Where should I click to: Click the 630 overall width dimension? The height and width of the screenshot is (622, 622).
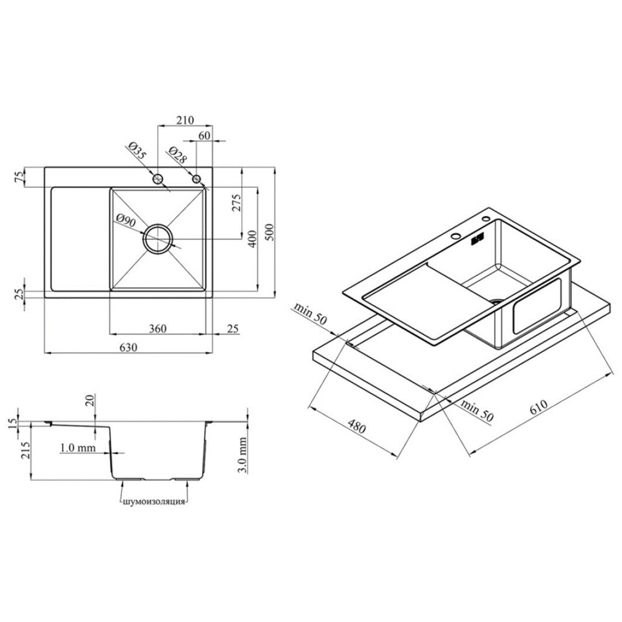pos(128,348)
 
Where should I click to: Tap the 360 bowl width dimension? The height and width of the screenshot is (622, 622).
pos(157,329)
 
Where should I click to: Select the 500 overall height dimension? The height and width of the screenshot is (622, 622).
pos(269,233)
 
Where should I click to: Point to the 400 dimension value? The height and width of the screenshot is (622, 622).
pos(253,239)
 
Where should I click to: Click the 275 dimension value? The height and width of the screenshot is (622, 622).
pos(236,203)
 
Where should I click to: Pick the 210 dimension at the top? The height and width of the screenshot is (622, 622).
pos(185,120)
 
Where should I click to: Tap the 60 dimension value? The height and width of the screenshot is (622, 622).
pos(204,136)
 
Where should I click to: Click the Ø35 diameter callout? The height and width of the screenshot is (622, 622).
pos(137,151)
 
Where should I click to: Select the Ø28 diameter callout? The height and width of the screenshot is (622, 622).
pos(177,155)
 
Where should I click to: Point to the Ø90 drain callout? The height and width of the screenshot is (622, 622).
pos(126,220)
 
